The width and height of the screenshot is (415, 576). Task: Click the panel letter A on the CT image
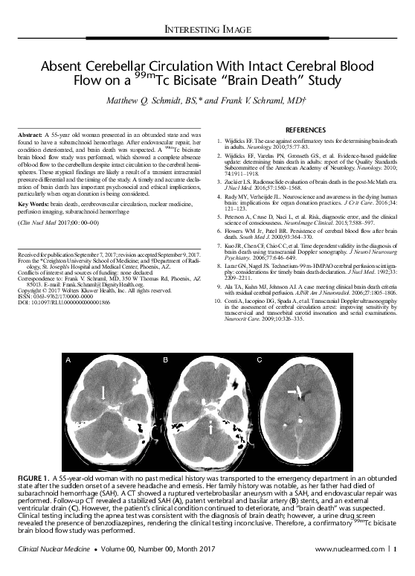pos(68,360)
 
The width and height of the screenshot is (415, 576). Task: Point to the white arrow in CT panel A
pos(103,390)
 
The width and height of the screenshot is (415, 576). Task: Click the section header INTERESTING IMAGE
pos(207,29)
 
